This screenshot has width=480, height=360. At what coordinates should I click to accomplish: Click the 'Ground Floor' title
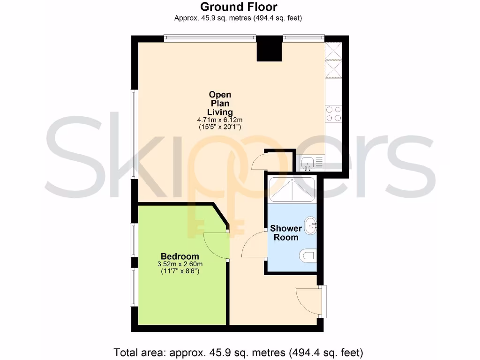(x=239, y=7)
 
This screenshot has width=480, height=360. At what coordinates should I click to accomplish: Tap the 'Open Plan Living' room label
(x=220, y=104)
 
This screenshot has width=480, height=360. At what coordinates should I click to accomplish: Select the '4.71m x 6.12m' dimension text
(x=220, y=120)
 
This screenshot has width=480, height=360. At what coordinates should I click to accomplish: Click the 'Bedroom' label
(x=180, y=256)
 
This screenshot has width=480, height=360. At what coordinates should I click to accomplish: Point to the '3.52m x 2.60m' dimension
(x=180, y=264)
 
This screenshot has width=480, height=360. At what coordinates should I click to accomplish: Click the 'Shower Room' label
(x=285, y=233)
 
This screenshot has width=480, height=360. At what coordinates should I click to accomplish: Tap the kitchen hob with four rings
(x=333, y=113)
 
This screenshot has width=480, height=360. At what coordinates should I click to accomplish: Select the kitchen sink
(x=307, y=163)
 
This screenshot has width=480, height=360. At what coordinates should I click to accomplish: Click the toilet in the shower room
(x=307, y=256)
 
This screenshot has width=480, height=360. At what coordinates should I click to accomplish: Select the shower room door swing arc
(x=251, y=245)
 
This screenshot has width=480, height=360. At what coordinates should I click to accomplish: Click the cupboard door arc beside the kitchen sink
(x=259, y=162)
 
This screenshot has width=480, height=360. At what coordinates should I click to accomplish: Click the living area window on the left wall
(x=134, y=134)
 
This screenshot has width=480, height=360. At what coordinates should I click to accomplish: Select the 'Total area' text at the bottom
(x=239, y=352)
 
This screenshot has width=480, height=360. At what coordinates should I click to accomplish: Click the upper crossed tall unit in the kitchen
(x=334, y=50)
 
